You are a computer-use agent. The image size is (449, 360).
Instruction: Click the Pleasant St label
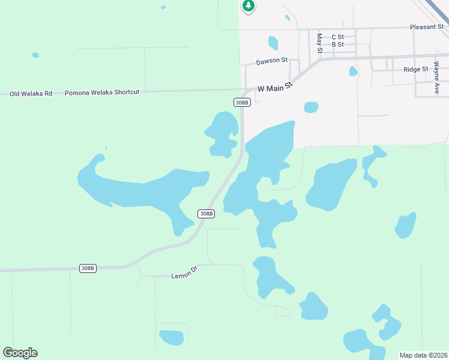[x=426, y=27]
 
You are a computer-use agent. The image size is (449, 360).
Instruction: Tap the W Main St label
[x=274, y=88]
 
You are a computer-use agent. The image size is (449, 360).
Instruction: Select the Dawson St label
[x=272, y=61]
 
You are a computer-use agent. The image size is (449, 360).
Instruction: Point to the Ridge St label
[x=415, y=70]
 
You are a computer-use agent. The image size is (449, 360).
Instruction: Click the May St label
[x=319, y=42]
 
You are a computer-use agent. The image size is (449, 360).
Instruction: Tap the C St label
[x=337, y=37]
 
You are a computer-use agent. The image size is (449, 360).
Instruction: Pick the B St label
[x=337, y=44]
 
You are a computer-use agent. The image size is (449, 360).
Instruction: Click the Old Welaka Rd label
[x=31, y=94]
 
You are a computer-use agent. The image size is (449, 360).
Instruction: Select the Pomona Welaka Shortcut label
[x=102, y=92]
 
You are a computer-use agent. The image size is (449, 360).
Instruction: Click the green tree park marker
[x=249, y=6]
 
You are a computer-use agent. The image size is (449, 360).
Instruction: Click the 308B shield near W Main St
[x=241, y=103]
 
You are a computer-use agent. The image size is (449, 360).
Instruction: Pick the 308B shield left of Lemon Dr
[x=88, y=268]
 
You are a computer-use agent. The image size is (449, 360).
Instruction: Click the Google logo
[x=20, y=353]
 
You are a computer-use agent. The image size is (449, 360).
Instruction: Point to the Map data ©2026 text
[x=423, y=355]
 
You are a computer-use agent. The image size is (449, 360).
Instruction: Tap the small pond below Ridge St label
[x=353, y=71]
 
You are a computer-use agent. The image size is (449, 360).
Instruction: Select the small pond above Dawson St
[x=273, y=43]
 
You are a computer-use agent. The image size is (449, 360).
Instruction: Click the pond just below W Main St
[x=311, y=107]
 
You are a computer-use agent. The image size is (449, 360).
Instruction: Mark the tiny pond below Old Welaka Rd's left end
[x=35, y=55]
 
